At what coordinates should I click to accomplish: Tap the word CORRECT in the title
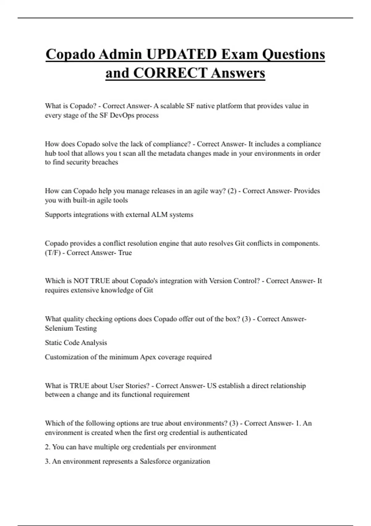point(170,73)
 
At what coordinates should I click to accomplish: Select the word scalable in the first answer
point(172,106)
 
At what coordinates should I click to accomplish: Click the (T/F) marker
point(53,253)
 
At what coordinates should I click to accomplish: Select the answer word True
point(125,253)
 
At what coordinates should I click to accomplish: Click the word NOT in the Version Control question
point(81,281)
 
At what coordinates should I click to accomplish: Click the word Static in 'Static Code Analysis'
point(53,343)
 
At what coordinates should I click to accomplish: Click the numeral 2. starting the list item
point(48,447)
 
